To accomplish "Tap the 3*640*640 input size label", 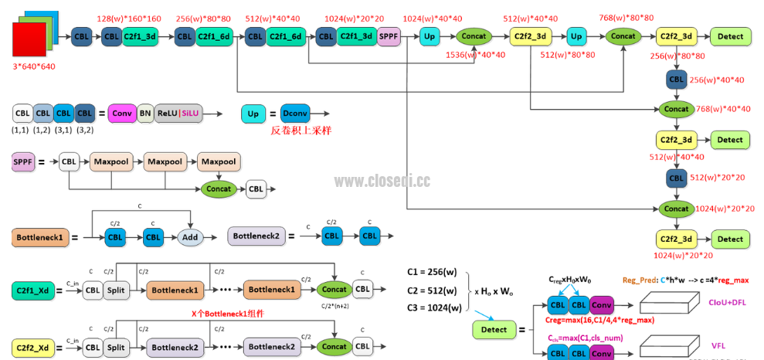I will [34, 67].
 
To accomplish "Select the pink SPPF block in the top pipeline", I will [389, 36].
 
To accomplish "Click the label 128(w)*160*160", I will [129, 19].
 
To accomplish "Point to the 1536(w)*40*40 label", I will [475, 55].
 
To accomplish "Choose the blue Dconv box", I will [295, 114].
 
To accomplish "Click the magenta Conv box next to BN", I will [122, 114].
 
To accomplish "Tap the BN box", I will [145, 114].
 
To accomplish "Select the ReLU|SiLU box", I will [178, 114].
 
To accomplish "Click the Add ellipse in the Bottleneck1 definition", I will [190, 237].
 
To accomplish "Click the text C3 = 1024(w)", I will [435, 308].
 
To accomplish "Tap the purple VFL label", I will [719, 345].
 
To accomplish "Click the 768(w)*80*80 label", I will [626, 18].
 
